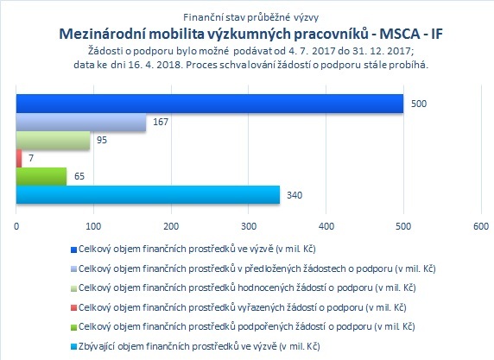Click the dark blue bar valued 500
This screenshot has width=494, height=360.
[210, 104]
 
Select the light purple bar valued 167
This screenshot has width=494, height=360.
[81, 123]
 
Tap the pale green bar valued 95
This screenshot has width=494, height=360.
[53, 140]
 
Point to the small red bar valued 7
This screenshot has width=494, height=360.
[19, 159]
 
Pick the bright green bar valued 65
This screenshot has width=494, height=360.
[41, 176]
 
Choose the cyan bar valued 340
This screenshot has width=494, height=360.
[148, 194]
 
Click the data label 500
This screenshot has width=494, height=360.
[419, 104]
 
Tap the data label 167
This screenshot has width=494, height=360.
[161, 122]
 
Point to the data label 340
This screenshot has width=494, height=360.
[294, 195]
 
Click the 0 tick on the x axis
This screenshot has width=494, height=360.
[16, 226]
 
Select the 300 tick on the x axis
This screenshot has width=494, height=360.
[249, 226]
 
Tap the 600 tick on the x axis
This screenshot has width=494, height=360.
[481, 226]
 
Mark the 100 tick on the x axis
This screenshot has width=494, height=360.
[93, 226]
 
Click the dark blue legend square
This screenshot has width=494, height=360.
[73, 249]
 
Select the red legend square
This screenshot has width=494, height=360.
[73, 308]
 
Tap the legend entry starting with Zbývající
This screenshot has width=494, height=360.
[199, 346]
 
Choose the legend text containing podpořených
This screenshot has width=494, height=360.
[247, 327]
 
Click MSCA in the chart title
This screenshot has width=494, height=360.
[399, 34]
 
